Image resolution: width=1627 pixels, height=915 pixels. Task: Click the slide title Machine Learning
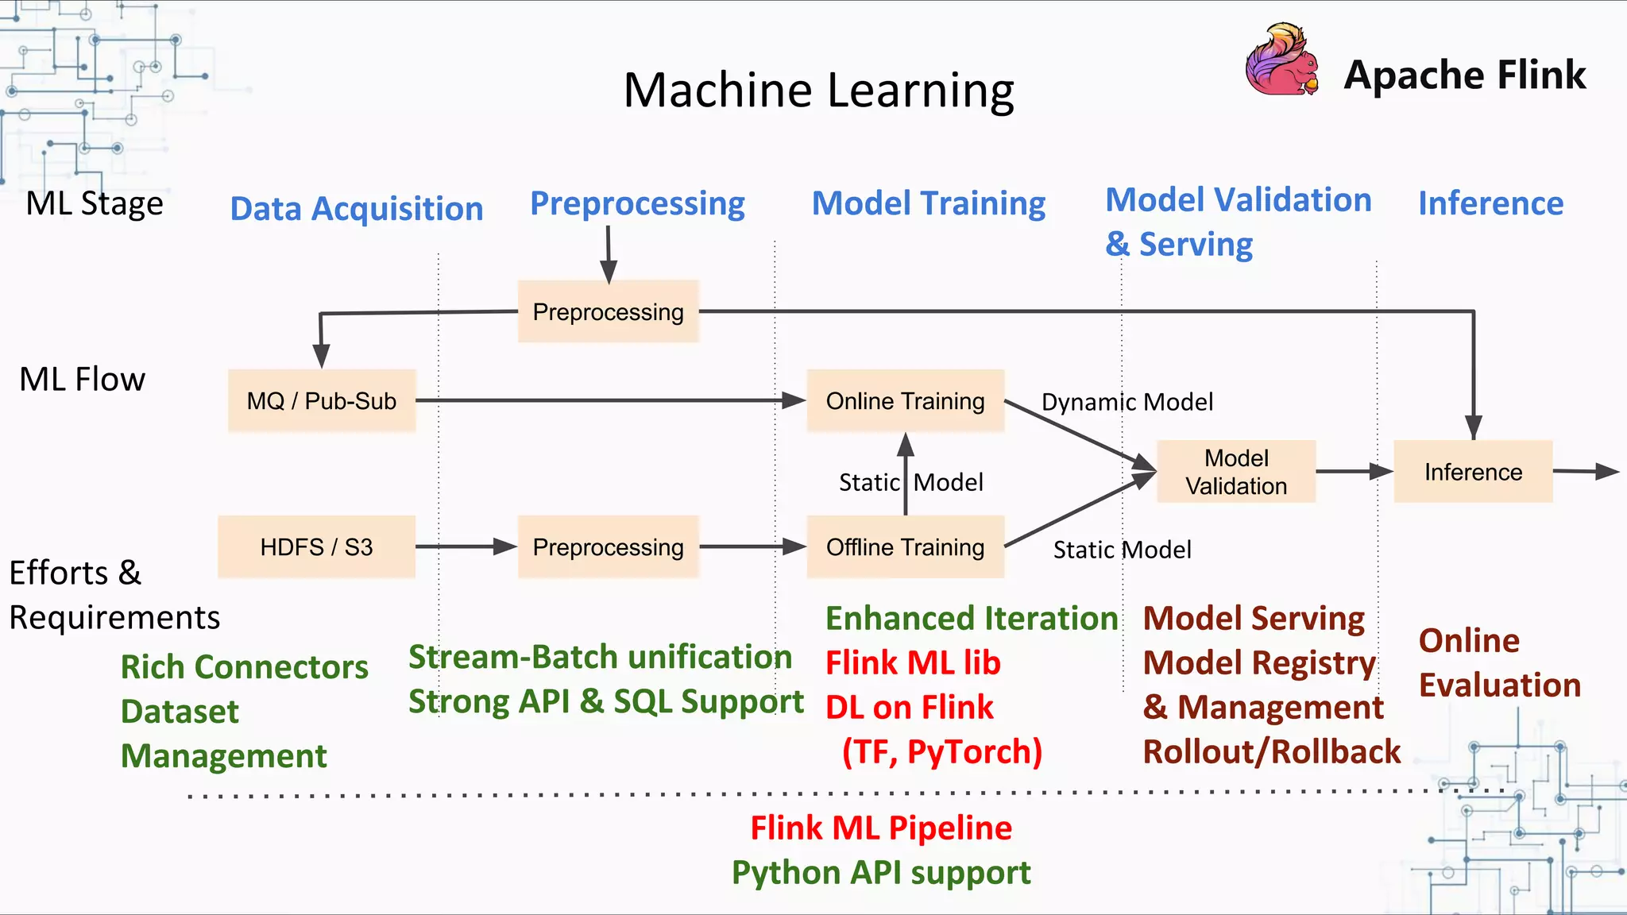818,90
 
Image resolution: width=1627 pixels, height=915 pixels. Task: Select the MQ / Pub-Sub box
321,400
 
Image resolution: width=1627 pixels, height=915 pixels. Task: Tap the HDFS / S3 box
316,546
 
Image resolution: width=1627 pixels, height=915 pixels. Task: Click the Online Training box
905,400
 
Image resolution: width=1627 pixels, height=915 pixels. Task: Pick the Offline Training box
905,546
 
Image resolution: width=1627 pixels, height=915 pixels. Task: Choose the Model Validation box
1235,471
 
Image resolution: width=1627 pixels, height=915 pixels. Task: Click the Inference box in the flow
1472,471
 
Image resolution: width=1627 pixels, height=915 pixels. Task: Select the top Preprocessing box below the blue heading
608,311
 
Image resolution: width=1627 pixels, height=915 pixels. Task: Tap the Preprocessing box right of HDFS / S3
608,546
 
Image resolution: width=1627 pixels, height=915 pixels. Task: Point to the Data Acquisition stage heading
357,209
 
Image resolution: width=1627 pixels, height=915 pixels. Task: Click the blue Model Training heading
928,203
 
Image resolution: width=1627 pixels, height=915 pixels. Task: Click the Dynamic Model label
1127,402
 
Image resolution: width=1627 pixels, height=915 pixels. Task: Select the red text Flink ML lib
913,662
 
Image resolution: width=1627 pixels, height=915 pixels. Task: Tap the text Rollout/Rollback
1271,751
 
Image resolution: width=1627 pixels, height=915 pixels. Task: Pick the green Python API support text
880,872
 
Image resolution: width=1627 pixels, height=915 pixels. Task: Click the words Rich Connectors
244,667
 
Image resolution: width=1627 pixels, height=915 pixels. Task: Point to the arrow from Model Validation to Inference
1354,471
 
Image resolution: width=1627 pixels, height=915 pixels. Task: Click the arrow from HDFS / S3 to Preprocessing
466,546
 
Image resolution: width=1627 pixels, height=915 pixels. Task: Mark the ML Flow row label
82,379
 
